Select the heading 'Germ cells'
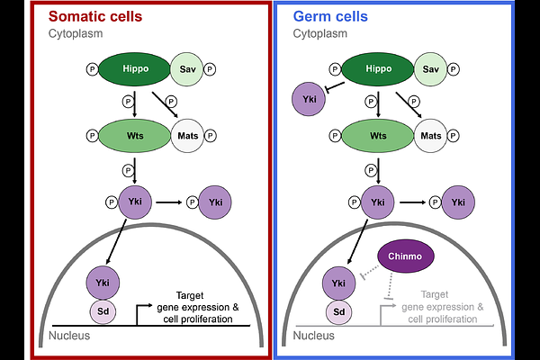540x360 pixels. point(330,16)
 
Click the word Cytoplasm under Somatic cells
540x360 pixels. point(76,33)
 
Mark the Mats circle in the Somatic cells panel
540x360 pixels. point(189,136)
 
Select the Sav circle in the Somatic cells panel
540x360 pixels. point(189,68)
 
